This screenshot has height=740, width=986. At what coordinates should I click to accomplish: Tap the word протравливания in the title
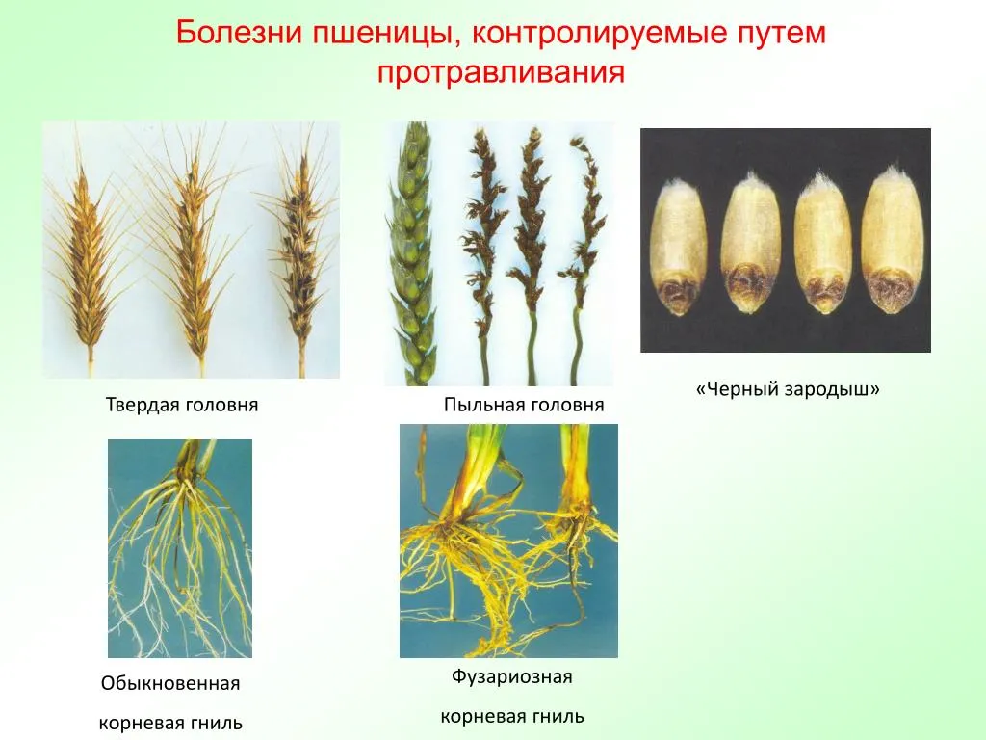501,73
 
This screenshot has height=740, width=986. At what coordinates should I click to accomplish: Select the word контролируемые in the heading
599,34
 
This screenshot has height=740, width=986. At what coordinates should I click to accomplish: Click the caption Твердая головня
182,404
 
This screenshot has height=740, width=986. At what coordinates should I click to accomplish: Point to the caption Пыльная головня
524,404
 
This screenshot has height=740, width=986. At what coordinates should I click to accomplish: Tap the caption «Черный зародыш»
788,389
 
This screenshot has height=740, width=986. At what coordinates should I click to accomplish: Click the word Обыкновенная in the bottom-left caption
170,683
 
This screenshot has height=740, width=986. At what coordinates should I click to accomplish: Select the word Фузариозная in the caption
512,677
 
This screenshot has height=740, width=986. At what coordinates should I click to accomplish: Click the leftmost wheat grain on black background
679,248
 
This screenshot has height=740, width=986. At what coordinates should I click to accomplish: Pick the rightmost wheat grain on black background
889,240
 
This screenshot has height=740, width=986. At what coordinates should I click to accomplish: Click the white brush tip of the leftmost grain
675,185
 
